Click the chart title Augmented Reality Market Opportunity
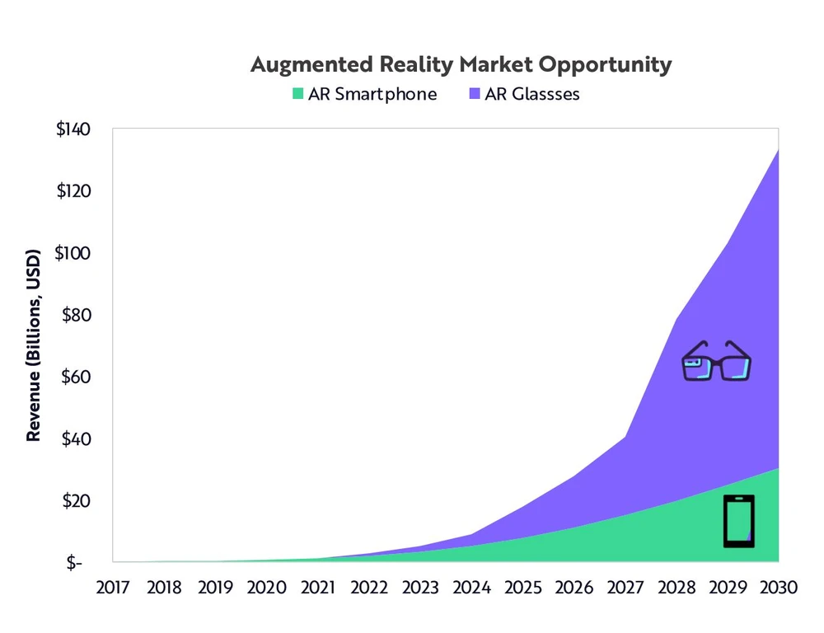(461, 65)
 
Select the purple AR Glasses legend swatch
(474, 94)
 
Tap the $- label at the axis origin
(76, 563)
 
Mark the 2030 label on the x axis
(777, 588)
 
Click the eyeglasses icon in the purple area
(717, 363)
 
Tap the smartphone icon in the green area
(739, 521)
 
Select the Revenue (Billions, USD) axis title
(34, 345)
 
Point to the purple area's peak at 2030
(777, 152)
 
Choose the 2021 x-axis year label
(317, 588)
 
